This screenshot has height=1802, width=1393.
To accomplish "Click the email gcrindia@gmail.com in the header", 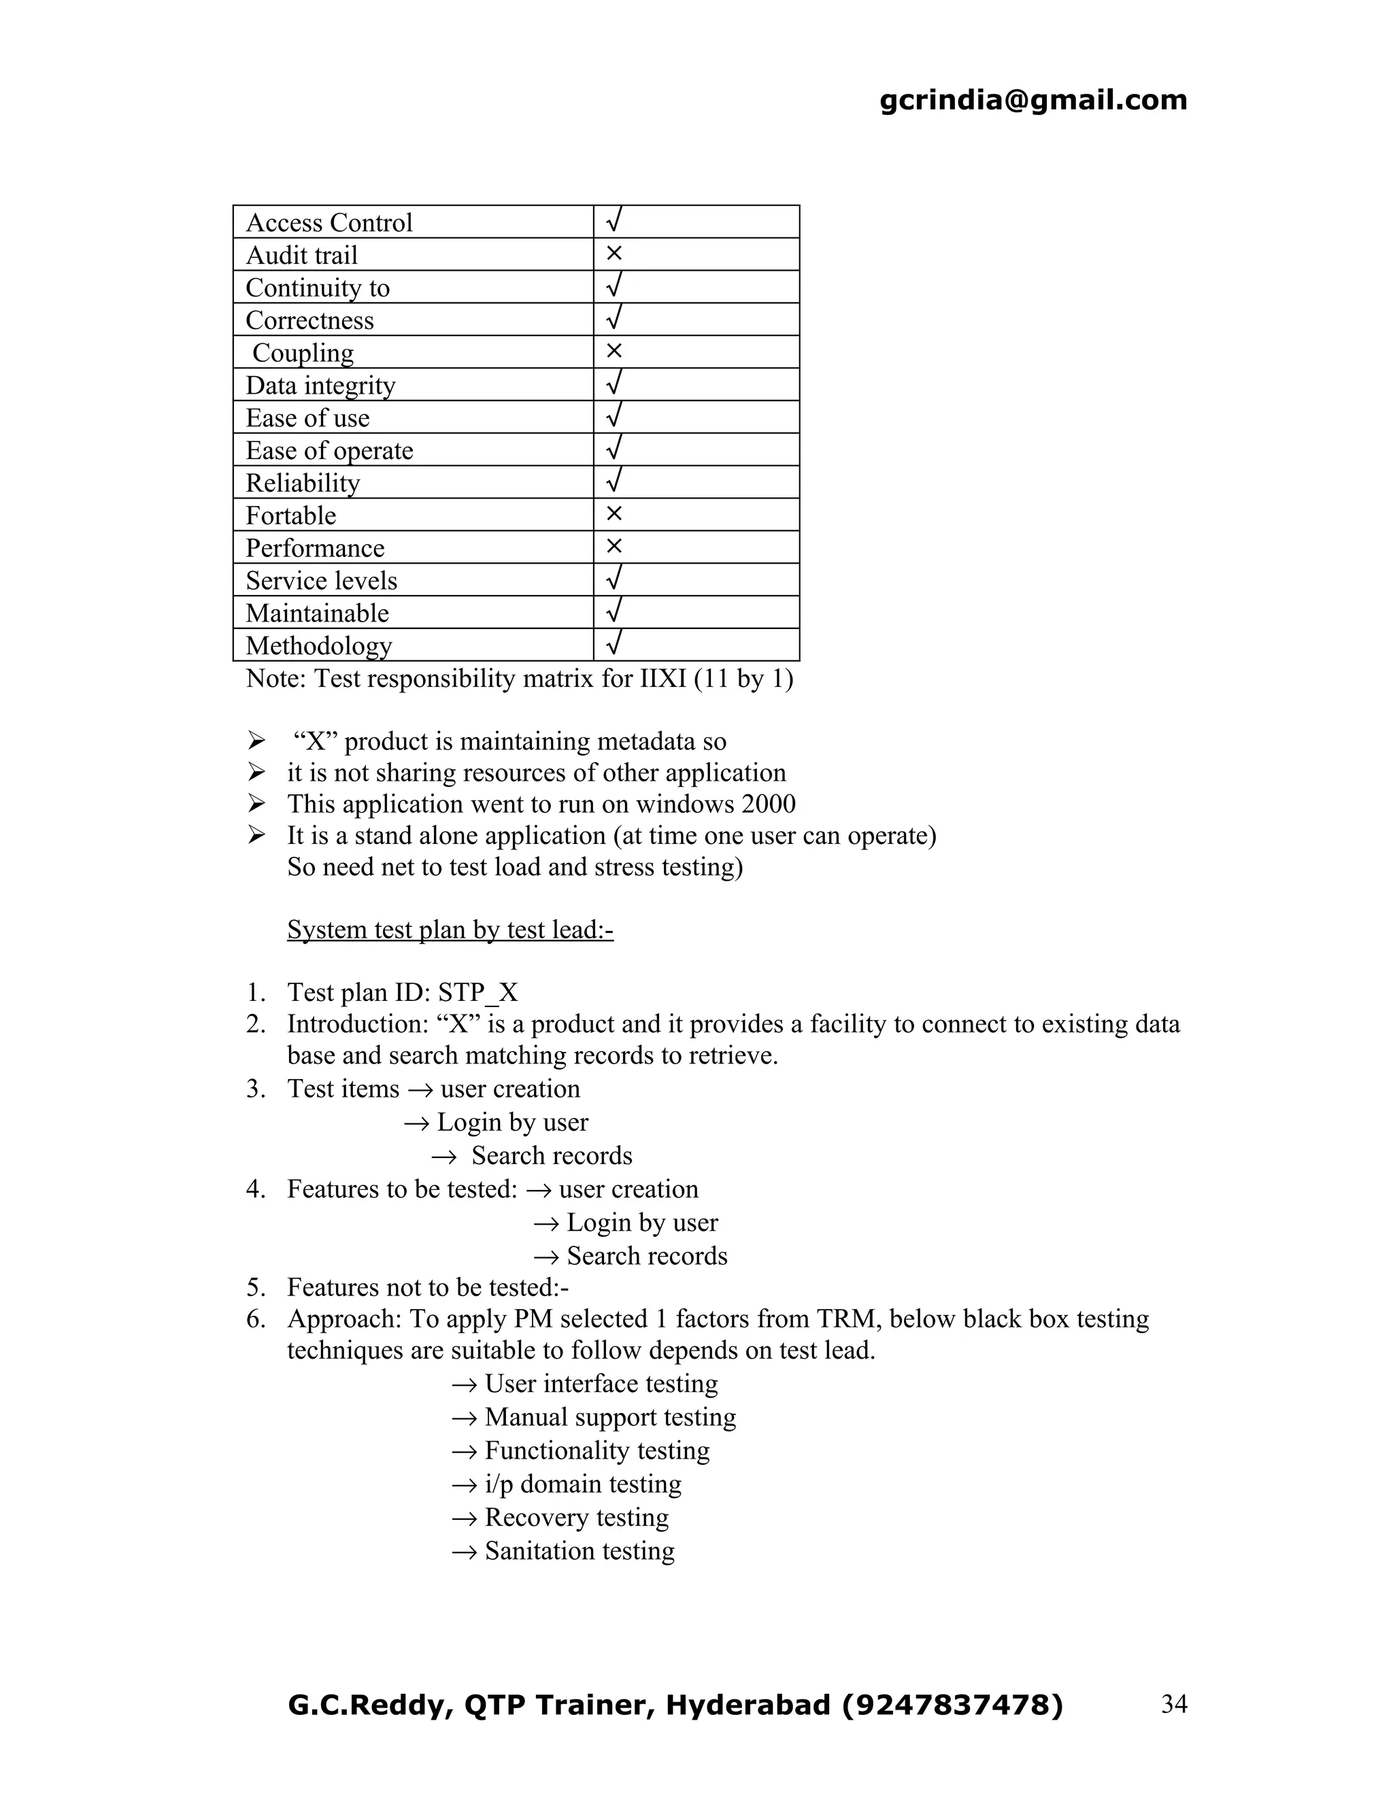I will (x=1033, y=100).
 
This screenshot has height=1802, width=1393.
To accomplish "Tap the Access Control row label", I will (x=329, y=223).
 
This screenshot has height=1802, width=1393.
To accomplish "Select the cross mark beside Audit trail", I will (x=613, y=254).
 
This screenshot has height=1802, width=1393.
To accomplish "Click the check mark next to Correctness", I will (x=613, y=318).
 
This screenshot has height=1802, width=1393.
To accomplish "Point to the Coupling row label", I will (x=303, y=353).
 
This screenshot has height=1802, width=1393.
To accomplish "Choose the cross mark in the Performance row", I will (x=613, y=546).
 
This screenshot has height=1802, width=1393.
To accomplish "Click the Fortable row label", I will (x=290, y=515).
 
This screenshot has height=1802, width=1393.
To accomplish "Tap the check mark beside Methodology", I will (x=613, y=643).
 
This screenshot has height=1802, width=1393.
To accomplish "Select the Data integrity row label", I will (x=320, y=386).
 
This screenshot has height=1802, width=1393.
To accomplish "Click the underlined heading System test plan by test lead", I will (x=450, y=930).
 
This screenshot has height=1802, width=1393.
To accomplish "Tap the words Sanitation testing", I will (x=580, y=1551).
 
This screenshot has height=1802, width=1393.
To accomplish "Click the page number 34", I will (x=1173, y=1704).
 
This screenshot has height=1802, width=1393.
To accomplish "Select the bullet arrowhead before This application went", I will (x=256, y=803).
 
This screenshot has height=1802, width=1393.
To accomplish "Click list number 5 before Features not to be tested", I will (x=255, y=1288).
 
